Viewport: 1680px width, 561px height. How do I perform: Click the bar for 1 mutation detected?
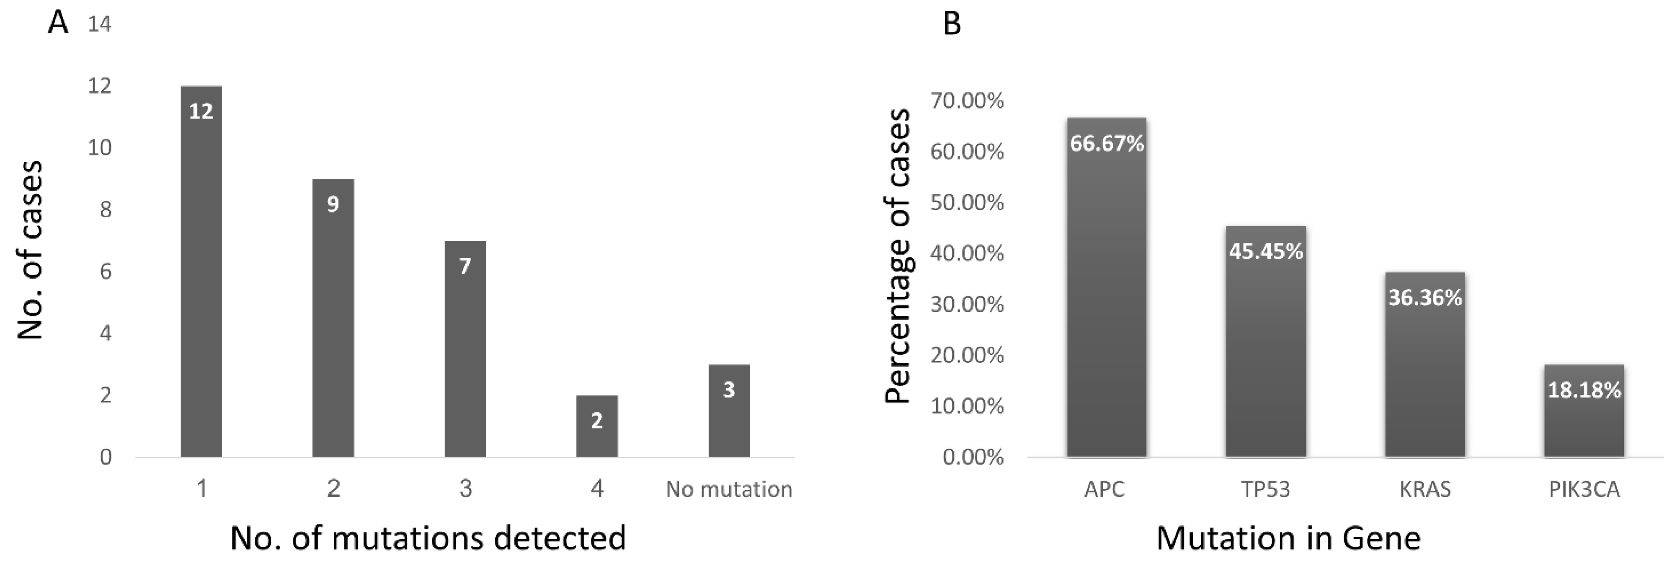point(201,274)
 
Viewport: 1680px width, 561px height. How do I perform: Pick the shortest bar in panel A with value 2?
point(597,427)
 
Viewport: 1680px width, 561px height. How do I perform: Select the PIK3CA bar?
point(1584,411)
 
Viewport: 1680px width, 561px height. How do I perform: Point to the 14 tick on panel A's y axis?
point(100,25)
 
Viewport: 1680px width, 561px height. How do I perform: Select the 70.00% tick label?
point(967,101)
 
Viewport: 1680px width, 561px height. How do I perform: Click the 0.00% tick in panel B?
point(973,457)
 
